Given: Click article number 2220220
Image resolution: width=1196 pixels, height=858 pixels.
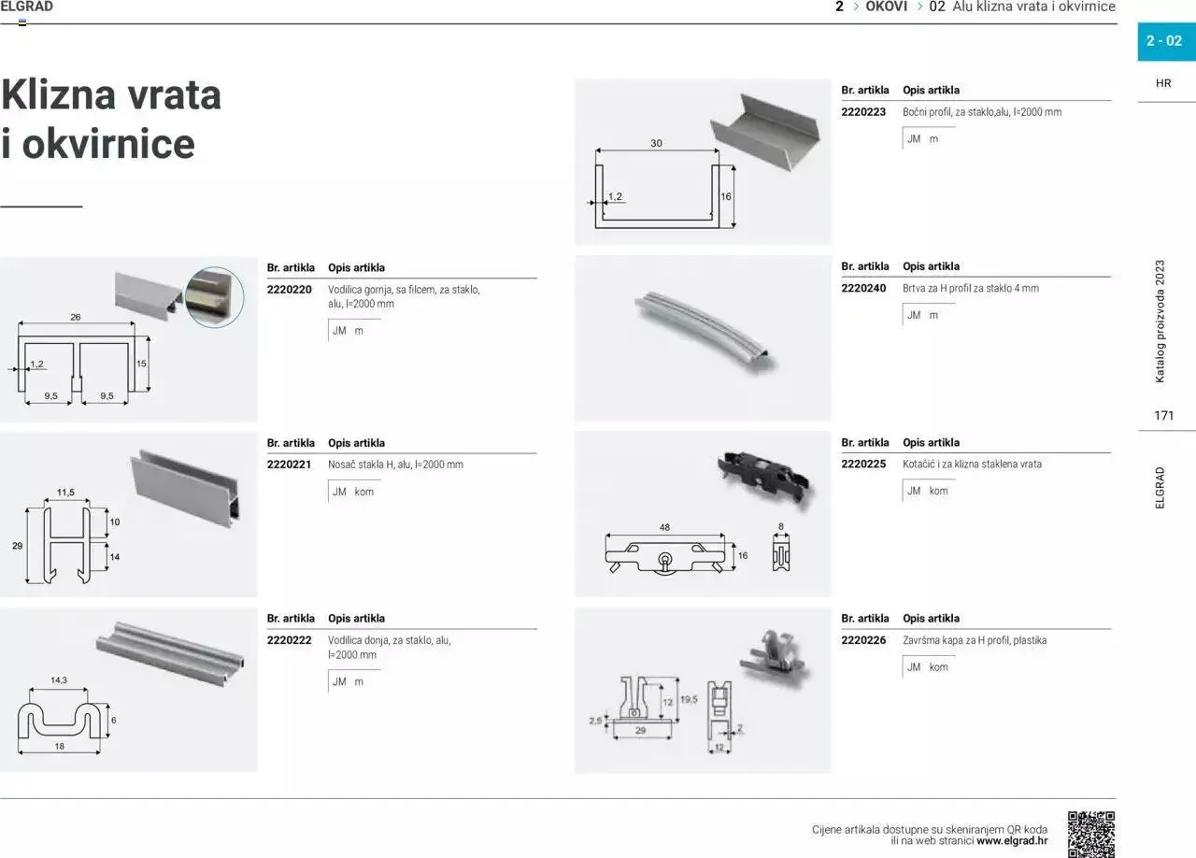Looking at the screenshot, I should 290,290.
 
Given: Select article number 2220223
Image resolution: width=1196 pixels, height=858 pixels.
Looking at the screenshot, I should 863,112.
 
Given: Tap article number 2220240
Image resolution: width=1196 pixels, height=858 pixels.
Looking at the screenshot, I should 863,289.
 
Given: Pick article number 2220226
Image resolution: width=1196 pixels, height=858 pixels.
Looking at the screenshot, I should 863,640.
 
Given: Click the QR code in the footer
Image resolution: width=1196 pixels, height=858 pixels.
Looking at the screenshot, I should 1091,834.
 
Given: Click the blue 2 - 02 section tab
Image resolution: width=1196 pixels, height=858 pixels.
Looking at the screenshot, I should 1164,41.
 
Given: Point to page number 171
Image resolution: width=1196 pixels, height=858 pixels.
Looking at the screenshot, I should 1163,416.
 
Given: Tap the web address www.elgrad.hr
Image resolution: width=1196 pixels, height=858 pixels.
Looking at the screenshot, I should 1012,840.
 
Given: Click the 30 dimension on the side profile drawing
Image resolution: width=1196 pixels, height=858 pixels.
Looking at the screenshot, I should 656,144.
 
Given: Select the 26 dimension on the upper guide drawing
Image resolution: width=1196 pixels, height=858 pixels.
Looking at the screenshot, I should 76,318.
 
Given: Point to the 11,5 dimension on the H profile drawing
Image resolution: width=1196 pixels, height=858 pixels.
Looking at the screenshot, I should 65,493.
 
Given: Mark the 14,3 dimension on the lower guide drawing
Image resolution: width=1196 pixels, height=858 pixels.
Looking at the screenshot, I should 59,680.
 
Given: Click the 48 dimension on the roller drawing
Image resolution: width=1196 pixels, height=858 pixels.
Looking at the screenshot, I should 665,528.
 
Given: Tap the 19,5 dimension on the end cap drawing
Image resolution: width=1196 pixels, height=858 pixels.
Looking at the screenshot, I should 689,699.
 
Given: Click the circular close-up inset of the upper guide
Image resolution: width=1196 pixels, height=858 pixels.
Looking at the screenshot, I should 214,296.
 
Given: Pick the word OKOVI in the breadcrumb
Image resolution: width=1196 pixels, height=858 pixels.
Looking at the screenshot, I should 887,7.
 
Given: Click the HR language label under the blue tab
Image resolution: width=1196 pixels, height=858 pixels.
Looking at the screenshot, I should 1163,83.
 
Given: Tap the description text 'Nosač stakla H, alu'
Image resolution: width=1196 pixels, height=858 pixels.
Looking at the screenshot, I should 371,465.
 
